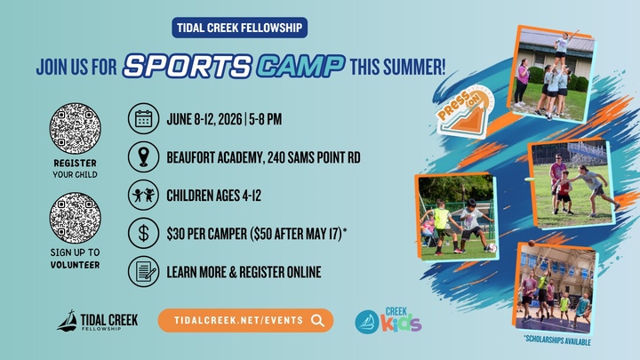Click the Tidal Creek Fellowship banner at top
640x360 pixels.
239,28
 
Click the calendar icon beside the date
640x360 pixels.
142,118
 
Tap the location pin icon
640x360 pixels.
142,156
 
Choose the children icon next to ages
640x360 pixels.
142,194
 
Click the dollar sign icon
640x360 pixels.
142,232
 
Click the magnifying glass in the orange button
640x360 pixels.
317,321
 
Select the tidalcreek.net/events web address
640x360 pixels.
234,321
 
